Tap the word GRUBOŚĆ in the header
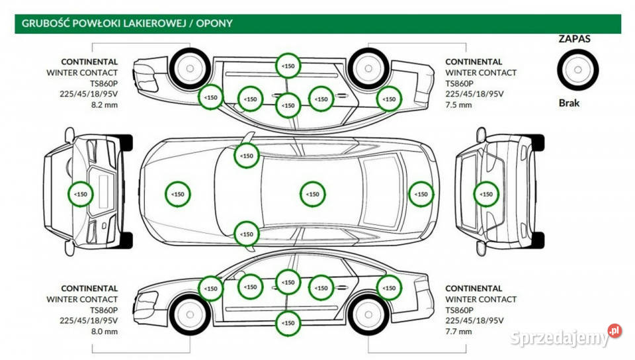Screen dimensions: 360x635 44,23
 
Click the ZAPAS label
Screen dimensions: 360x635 575,39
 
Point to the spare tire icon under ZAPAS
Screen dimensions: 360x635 577,69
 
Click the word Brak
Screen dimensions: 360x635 569,103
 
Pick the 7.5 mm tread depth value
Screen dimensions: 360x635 459,105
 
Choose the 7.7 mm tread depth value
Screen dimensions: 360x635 459,332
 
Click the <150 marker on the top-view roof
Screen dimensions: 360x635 313,195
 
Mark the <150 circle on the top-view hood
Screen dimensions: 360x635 177,195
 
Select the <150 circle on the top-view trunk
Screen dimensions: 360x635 421,195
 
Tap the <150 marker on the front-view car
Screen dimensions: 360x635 81,194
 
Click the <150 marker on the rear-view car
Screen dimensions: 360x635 486,194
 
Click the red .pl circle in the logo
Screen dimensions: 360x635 614,330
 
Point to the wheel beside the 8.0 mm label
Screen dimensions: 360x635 189,313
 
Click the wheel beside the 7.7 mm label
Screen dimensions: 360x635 368,313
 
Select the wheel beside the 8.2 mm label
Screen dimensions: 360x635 189,67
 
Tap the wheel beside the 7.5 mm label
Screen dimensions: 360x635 368,67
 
